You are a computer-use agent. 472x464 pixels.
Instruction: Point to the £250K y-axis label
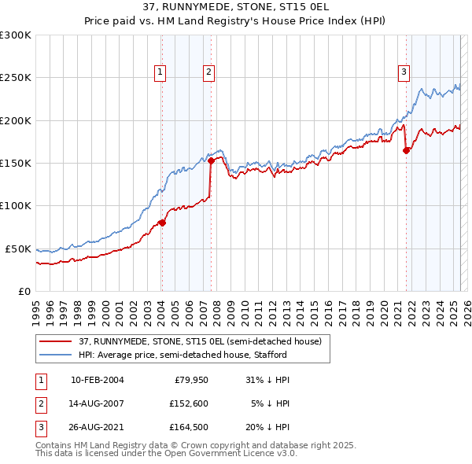[16, 78]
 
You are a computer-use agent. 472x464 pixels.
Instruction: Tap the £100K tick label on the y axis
[16, 206]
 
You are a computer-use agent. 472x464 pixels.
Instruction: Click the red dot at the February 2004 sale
[162, 223]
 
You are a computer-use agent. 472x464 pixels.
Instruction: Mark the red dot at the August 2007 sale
[211, 160]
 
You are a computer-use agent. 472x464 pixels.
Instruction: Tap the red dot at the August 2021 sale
[406, 150]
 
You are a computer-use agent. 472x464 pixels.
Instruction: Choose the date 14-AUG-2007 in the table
[98, 403]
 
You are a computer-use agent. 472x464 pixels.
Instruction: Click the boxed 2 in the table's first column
[40, 403]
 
